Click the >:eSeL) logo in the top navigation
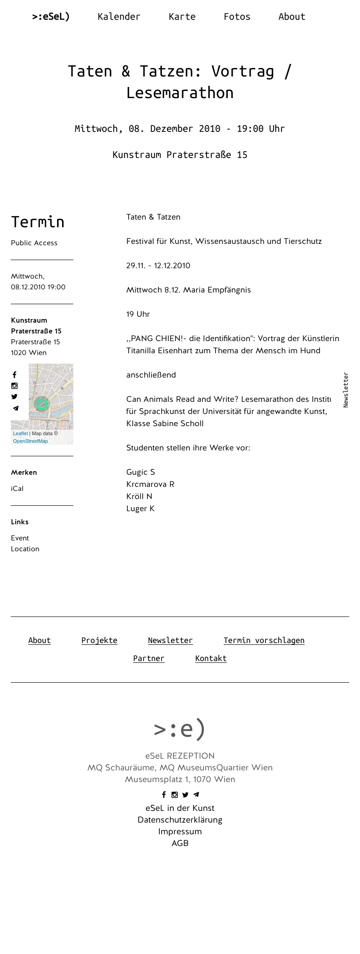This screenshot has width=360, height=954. pyautogui.click(x=51, y=17)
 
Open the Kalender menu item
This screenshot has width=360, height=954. pyautogui.click(x=119, y=17)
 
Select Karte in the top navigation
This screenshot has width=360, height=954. pyautogui.click(x=182, y=17)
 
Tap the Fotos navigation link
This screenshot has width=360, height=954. pyautogui.click(x=237, y=17)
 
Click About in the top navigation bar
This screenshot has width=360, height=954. pyautogui.click(x=292, y=17)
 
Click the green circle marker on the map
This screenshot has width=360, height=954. pyautogui.click(x=42, y=404)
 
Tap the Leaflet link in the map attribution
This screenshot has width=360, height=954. pyautogui.click(x=20, y=433)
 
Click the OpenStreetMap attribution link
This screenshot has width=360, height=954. pyautogui.click(x=30, y=441)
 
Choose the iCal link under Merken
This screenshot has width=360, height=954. pyautogui.click(x=17, y=489)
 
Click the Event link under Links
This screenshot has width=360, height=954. pyautogui.click(x=20, y=538)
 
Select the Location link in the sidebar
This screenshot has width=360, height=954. pyautogui.click(x=25, y=549)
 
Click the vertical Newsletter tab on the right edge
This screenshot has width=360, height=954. pyautogui.click(x=346, y=390)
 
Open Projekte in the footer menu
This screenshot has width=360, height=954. pyautogui.click(x=99, y=640)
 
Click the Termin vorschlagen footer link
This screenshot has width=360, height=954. pyautogui.click(x=264, y=640)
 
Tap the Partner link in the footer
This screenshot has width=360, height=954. pyautogui.click(x=149, y=658)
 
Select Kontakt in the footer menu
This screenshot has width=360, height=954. pyautogui.click(x=211, y=658)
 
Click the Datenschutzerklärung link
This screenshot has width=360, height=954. pyautogui.click(x=180, y=820)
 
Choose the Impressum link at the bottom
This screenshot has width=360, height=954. pyautogui.click(x=180, y=832)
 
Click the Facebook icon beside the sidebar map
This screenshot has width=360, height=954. pyautogui.click(x=14, y=375)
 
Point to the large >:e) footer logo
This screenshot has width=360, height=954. pyautogui.click(x=180, y=729)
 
